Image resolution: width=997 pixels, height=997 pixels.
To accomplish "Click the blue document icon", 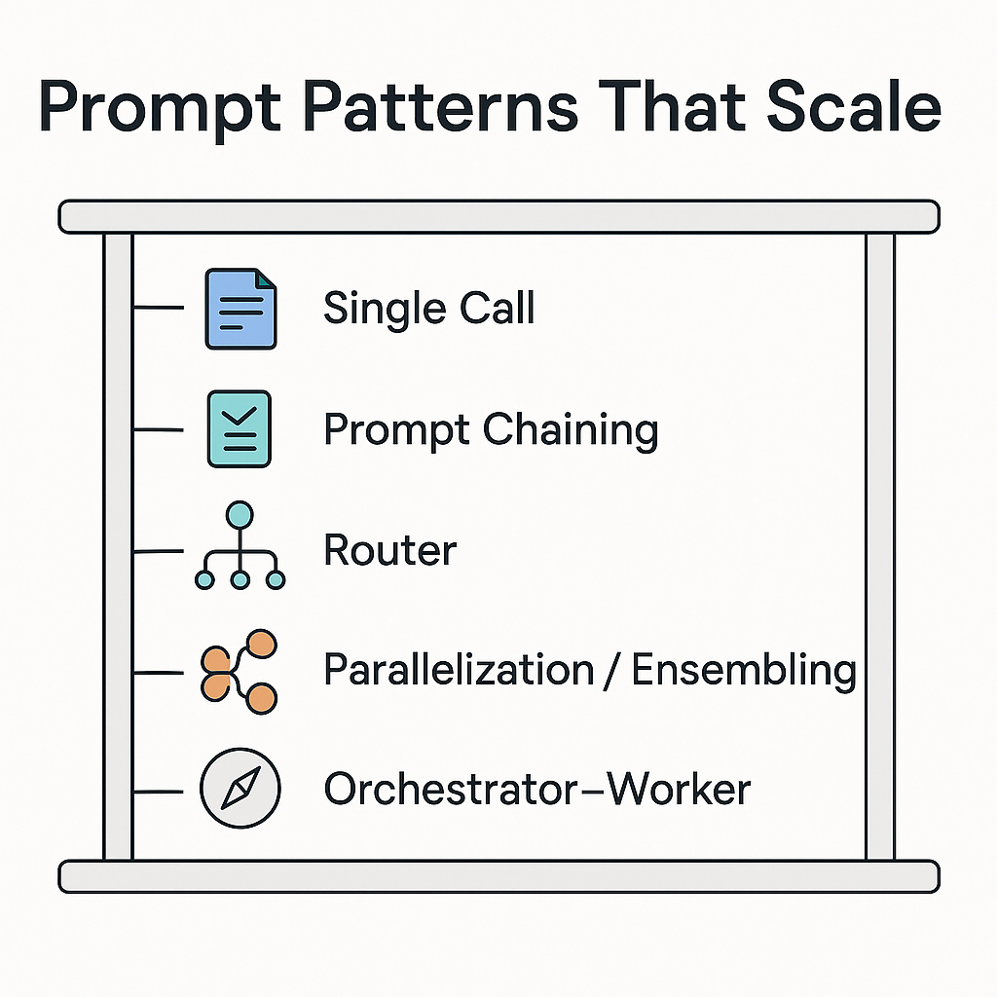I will point(240,309).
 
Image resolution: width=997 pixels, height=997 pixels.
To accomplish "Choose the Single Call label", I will point(428,309).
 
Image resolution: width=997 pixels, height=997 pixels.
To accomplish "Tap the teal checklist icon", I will point(240,429).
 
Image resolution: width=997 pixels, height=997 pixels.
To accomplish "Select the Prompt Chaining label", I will point(491,429).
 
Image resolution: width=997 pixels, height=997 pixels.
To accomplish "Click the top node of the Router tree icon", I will point(240,514).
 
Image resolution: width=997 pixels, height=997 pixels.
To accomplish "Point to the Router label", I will point(389,551).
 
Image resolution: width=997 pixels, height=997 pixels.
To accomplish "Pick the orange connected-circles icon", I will point(240,671).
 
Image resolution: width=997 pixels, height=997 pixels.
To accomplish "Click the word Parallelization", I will point(459,671).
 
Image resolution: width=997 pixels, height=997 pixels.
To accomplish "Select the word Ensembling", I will point(744,671).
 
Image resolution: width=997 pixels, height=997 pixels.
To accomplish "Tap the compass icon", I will point(240,789).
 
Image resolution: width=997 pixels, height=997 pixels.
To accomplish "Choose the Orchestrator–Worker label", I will point(536,789).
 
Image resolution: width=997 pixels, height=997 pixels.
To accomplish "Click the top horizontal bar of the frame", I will point(498,216).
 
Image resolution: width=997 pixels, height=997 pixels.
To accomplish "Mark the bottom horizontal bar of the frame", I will point(498,876).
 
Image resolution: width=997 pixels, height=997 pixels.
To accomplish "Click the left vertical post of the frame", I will point(118,545).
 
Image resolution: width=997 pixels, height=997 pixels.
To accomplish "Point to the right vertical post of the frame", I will point(880,545).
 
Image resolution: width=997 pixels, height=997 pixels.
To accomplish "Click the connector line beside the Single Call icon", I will point(158,309).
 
